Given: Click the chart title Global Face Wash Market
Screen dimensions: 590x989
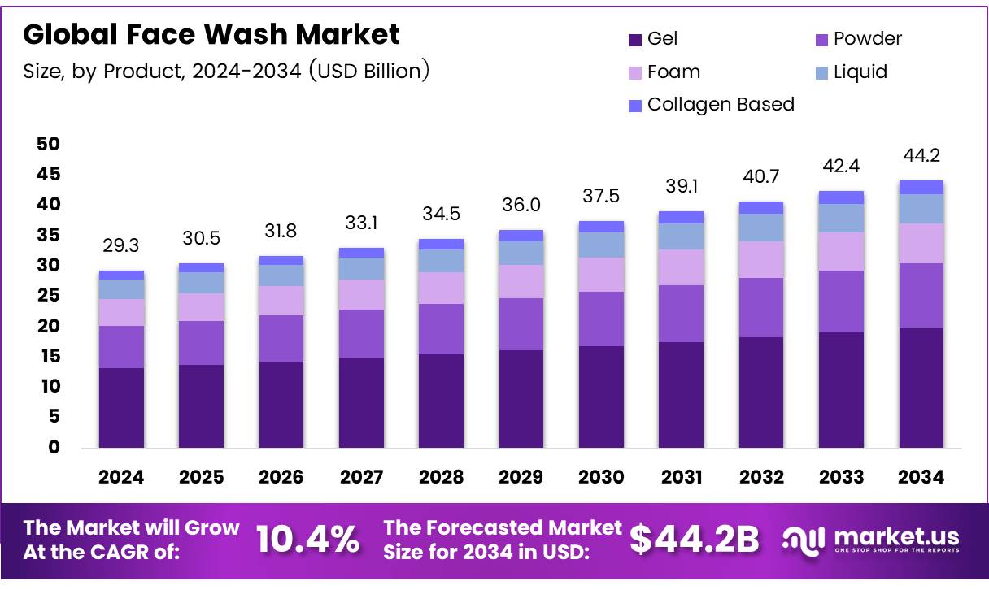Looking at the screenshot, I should click(211, 34).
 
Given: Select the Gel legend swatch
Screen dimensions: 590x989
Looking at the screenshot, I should click(635, 39).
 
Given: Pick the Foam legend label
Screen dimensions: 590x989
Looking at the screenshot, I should click(673, 72).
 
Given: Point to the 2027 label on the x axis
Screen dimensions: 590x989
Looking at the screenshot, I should click(361, 478).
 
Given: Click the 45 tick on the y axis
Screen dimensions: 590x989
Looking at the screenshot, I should click(48, 174).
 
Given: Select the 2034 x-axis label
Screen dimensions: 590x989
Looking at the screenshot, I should click(921, 478).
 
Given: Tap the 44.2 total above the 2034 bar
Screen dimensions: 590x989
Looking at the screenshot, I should click(921, 155).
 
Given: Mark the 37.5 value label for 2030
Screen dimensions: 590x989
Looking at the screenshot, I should click(601, 197).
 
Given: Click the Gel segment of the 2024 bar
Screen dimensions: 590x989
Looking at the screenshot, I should click(121, 407).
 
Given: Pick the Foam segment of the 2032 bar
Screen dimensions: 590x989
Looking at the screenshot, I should click(760, 259).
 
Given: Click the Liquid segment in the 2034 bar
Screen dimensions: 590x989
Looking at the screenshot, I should click(921, 209).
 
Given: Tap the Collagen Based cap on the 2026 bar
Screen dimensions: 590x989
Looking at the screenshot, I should click(281, 260).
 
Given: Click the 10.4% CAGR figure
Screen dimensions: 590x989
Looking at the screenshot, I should click(307, 538).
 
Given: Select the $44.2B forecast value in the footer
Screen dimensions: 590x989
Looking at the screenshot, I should click(695, 538).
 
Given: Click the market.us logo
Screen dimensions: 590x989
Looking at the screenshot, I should click(870, 538).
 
